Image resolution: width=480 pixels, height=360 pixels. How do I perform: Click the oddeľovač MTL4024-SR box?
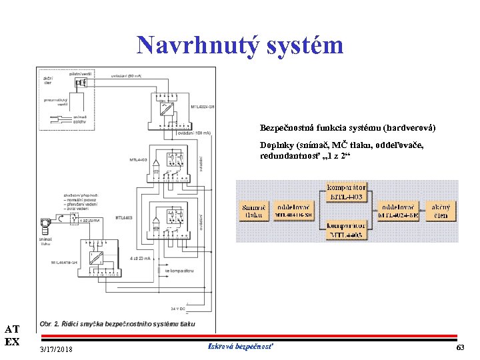tap(399, 211)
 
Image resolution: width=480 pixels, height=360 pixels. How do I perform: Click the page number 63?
tap(460, 349)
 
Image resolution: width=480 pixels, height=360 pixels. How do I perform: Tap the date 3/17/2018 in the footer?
tap(57, 350)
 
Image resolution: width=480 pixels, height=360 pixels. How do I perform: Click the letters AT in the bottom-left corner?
tap(12, 329)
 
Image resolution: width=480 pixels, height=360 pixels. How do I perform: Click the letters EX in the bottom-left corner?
tap(12, 341)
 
